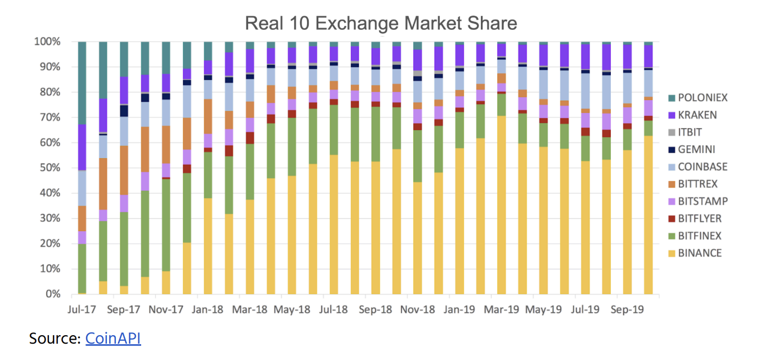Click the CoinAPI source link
click(113, 338)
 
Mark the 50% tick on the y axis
click(47, 168)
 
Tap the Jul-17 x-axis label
click(82, 309)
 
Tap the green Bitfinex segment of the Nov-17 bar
click(166, 225)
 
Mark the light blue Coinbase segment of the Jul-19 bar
click(585, 91)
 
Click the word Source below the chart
click(55, 338)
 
